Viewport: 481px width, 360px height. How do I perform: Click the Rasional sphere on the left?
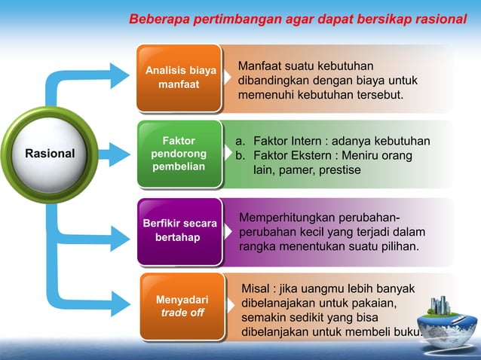point(50,153)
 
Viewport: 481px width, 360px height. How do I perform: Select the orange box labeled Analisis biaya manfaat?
point(179,78)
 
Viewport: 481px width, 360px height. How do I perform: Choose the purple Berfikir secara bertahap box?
point(179,231)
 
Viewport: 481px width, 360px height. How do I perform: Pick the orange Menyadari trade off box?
point(182,306)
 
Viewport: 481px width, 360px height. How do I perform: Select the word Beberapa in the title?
point(156,19)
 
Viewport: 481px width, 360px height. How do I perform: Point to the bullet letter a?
point(239,141)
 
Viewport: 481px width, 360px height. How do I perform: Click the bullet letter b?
point(239,156)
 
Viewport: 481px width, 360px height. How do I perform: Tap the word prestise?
point(338,171)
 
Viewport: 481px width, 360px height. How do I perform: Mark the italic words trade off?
point(182,313)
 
